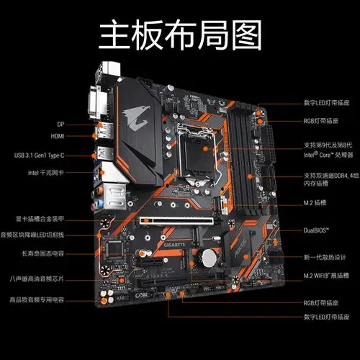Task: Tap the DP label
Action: [60, 123]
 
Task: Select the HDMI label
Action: [58, 135]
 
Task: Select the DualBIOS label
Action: [317, 230]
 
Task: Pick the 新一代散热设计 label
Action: [325, 257]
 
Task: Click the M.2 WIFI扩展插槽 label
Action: [327, 276]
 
